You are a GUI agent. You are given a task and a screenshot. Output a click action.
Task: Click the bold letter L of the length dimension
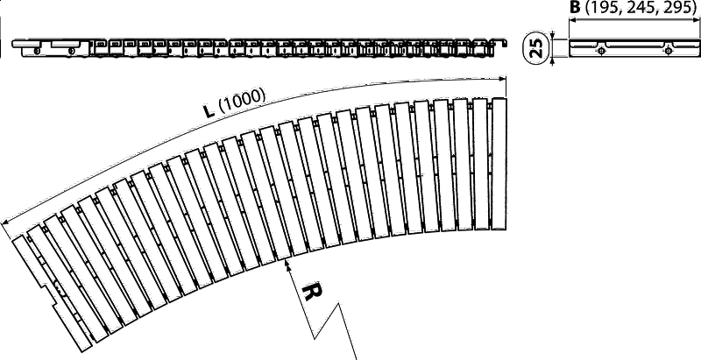point(208,110)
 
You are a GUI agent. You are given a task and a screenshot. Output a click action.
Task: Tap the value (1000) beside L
point(242,102)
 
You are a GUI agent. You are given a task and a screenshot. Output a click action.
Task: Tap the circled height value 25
point(536,48)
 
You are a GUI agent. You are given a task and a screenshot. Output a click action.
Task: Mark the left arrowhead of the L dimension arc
point(6,222)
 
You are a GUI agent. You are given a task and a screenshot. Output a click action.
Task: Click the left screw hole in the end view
point(602,51)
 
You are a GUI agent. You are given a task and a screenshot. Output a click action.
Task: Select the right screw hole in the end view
point(668,51)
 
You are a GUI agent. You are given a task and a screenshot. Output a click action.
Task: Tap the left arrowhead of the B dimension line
point(573,19)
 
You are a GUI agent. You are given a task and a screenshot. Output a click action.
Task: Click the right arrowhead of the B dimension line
point(695,19)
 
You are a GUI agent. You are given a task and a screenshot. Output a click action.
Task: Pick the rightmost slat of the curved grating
point(499,164)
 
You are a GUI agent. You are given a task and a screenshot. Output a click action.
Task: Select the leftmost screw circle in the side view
point(37,52)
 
